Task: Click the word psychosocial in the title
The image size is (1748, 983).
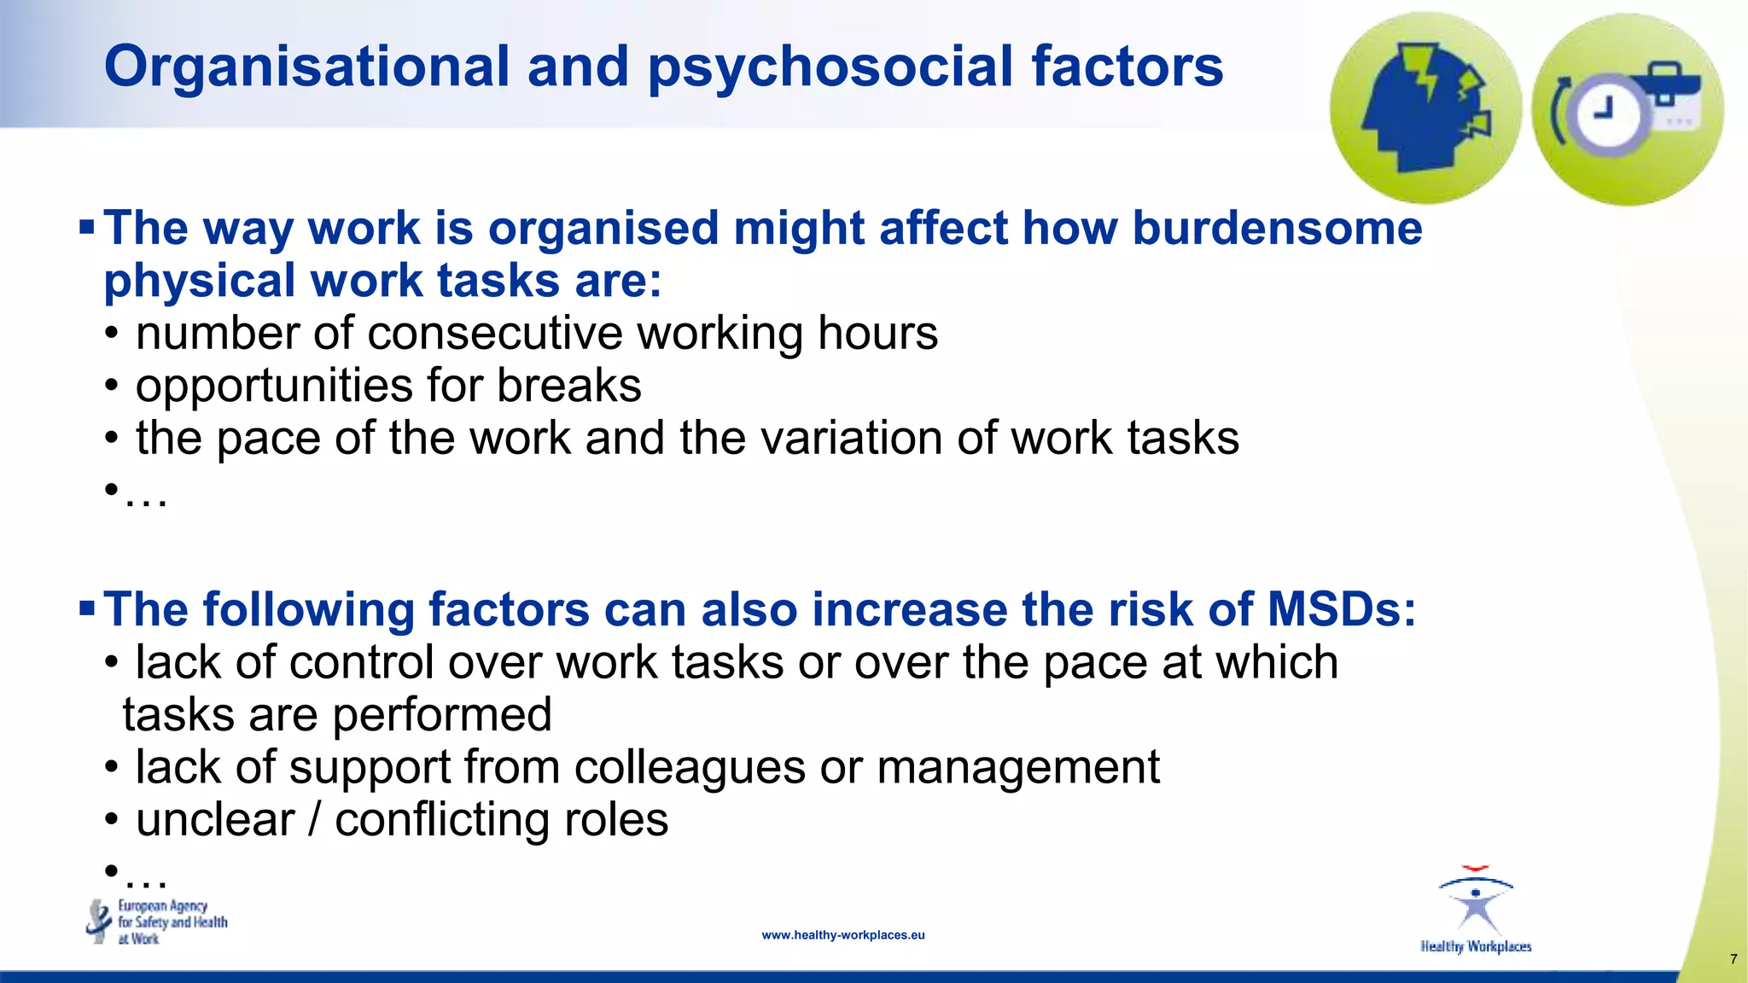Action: coord(830,68)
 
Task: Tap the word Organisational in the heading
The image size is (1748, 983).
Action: coord(306,67)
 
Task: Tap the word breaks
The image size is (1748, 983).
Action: coord(569,386)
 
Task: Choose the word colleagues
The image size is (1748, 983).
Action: coord(690,767)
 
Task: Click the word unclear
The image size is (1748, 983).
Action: coord(215,820)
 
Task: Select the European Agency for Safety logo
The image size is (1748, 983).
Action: coord(158,922)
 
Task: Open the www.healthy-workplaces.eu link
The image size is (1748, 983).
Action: coord(843,935)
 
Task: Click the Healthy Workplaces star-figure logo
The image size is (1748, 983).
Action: coord(1476,910)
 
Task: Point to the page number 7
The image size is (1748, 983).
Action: coord(1733,959)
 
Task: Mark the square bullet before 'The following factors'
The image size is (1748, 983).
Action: coord(86,609)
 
